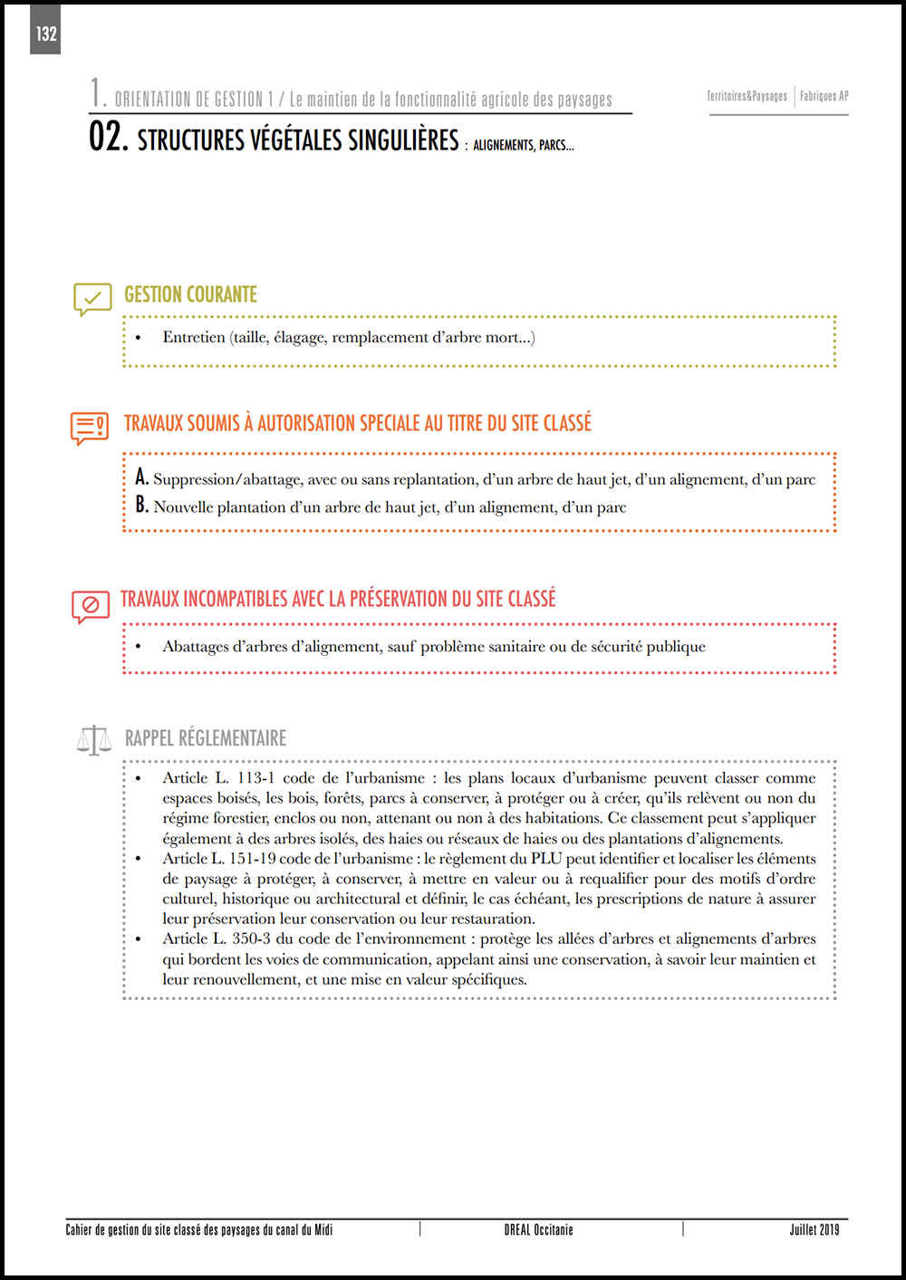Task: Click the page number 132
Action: (46, 34)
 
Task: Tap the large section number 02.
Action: (108, 137)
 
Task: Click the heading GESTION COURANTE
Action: (190, 294)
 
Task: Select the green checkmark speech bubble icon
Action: (92, 298)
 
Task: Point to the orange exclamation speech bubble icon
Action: (90, 427)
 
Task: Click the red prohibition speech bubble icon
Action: (91, 605)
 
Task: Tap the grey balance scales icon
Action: (94, 740)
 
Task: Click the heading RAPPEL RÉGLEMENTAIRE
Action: (206, 738)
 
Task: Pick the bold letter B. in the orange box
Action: (141, 505)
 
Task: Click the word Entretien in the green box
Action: (194, 337)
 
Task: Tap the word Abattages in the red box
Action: (196, 646)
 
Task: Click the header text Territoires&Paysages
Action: (747, 96)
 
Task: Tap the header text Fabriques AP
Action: (824, 96)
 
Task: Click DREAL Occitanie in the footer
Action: (538, 1229)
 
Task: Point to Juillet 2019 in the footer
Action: (814, 1229)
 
